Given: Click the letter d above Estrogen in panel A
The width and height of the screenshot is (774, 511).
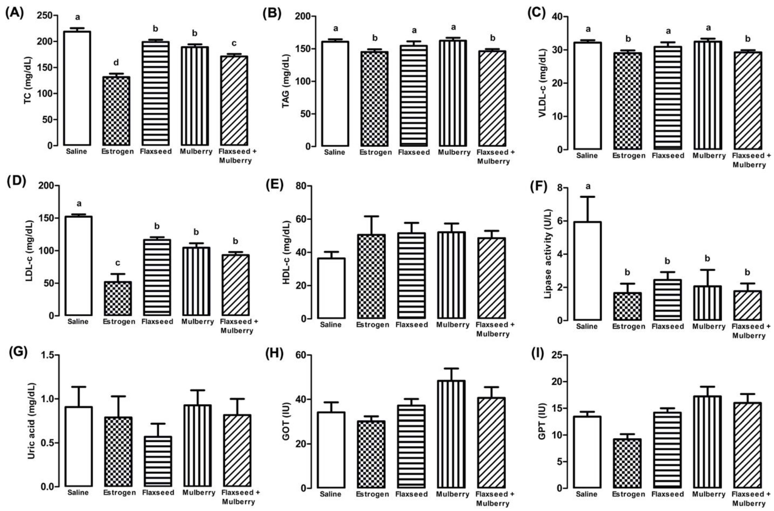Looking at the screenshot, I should tap(116, 62).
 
